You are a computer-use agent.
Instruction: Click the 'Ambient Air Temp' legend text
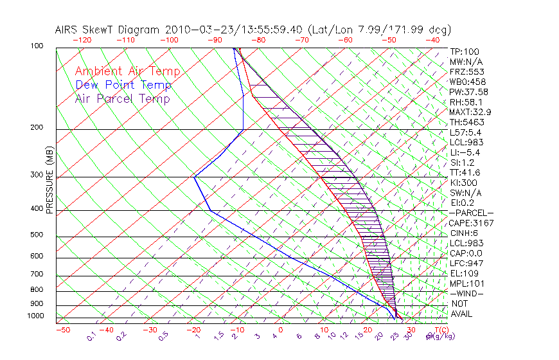coord(127,71)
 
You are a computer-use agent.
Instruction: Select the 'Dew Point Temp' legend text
coord(123,85)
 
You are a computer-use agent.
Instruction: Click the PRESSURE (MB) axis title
coord(49,181)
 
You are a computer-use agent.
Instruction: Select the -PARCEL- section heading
coord(471,213)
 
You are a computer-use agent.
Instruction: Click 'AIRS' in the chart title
coord(67,30)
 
